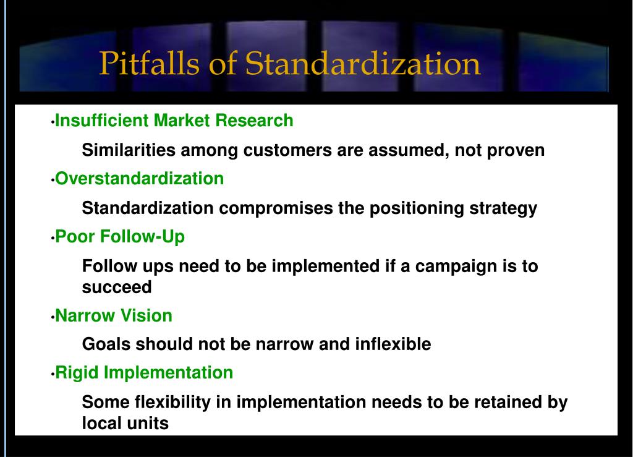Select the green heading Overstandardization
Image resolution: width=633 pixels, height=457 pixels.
coord(140,179)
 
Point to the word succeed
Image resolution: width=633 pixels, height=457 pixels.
coord(117,288)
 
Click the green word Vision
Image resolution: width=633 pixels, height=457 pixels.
coord(146,316)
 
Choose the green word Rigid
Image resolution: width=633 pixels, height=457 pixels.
coord(77,373)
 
